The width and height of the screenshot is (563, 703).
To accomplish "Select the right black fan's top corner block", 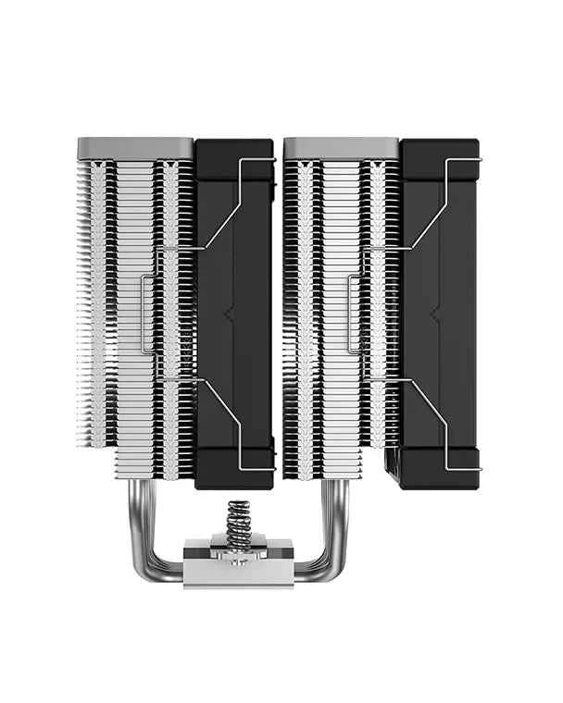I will [439, 152].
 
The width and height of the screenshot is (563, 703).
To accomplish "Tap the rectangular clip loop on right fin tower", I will [355, 314].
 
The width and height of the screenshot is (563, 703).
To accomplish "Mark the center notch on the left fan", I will [229, 314].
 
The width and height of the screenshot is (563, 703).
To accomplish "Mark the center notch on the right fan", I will [435, 314].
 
